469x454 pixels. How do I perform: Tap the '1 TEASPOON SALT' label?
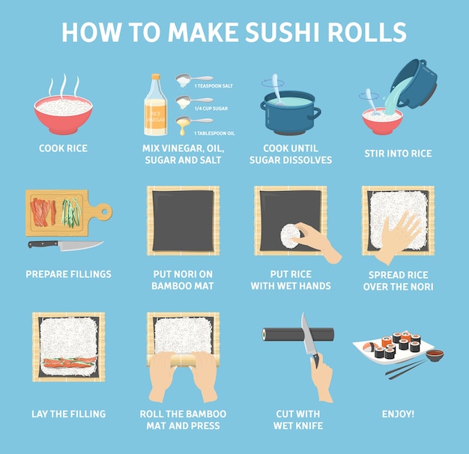click(x=214, y=86)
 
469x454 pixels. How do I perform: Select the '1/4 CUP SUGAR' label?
click(x=211, y=109)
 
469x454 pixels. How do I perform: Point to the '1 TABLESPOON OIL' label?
click(x=214, y=133)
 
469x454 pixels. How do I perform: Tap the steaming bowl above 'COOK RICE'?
click(x=63, y=114)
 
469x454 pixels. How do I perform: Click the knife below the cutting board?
click(x=66, y=245)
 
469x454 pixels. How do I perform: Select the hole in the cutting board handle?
click(x=104, y=212)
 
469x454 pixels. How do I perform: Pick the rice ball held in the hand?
click(x=290, y=236)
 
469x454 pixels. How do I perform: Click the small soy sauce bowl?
click(x=435, y=355)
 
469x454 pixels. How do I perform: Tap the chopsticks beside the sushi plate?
click(x=406, y=369)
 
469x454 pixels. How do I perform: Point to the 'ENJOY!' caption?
click(x=398, y=414)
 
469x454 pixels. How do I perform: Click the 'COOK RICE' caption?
click(x=63, y=148)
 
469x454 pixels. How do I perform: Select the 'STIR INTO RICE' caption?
click(x=398, y=154)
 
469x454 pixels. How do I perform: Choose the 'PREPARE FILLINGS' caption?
click(x=68, y=274)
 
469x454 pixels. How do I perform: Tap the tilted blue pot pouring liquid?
click(x=415, y=83)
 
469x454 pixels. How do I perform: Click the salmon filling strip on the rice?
click(x=70, y=363)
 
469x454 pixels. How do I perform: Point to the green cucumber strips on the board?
click(x=71, y=212)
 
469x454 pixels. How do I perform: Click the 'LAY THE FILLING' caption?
click(x=68, y=414)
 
